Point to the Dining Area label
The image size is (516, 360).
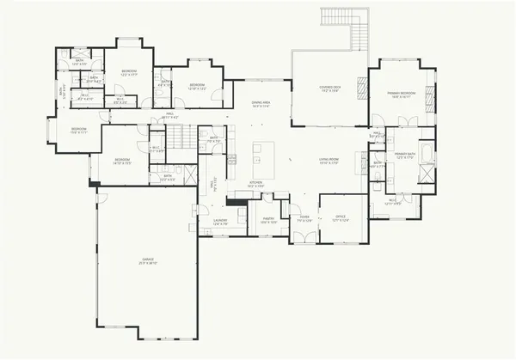[x=261, y=104]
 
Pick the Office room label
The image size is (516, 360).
[x=341, y=218]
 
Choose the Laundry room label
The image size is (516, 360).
[x=219, y=222]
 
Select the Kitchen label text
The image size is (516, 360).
[x=255, y=184]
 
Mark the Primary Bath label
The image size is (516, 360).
[x=405, y=156]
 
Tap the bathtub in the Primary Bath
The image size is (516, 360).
[x=423, y=171]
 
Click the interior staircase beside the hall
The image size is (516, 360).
[x=176, y=135]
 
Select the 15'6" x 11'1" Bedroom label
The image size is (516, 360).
[x=79, y=131]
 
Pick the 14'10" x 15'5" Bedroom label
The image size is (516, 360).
[x=121, y=161]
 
